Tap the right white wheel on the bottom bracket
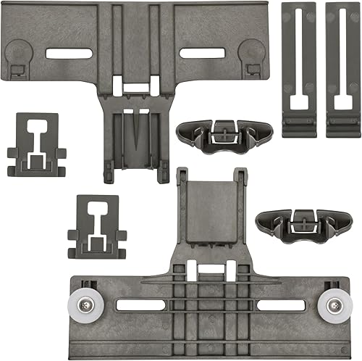click(335, 304)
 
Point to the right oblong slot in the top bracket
click(202, 53)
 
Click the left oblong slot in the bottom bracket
click(141, 305)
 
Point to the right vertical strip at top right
click(341, 70)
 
